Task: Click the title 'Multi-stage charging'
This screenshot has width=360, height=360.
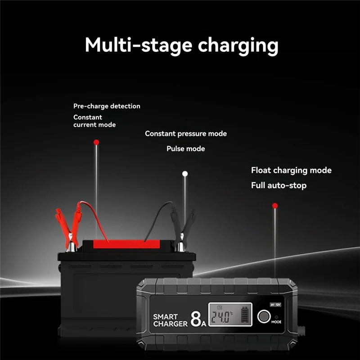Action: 181,46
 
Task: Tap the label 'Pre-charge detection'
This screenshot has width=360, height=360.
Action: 107,106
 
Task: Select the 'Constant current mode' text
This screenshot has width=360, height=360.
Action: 94,121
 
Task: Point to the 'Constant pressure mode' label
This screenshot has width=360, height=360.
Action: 186,134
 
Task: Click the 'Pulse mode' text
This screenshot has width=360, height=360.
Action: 185,148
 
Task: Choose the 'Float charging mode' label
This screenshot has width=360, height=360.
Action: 291,170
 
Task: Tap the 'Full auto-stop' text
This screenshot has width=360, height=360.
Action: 279,185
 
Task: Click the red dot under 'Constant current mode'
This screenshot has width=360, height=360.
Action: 96,142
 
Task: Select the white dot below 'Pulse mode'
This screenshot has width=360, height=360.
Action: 184,173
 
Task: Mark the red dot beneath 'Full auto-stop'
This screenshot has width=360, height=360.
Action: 275,206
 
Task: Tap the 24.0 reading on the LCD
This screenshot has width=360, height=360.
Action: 222,317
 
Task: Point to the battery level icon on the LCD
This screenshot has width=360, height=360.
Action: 245,315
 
